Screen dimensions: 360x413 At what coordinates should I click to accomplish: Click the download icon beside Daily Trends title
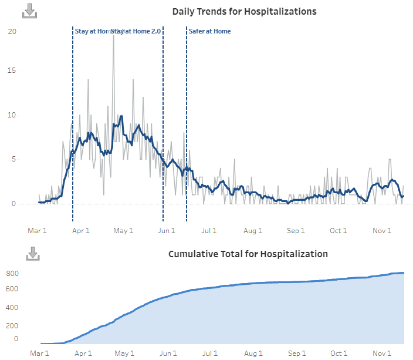coord(29,11)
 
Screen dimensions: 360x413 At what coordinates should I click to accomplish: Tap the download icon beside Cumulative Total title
coord(33,254)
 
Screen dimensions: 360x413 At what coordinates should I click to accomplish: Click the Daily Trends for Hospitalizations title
coord(244,12)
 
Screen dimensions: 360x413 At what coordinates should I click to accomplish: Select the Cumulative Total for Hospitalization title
coord(248,254)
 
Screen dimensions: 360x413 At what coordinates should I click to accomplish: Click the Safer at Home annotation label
coord(209,31)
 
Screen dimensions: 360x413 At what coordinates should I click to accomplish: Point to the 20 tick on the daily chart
coord(12,31)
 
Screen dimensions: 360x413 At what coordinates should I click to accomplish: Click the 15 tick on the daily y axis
coord(12,70)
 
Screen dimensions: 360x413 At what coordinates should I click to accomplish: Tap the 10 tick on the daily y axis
coord(12,115)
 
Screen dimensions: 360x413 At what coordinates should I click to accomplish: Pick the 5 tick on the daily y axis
coord(13,159)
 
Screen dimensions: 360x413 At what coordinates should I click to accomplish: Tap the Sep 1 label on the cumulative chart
coord(296,354)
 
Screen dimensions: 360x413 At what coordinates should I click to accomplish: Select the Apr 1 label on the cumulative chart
coord(83,354)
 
